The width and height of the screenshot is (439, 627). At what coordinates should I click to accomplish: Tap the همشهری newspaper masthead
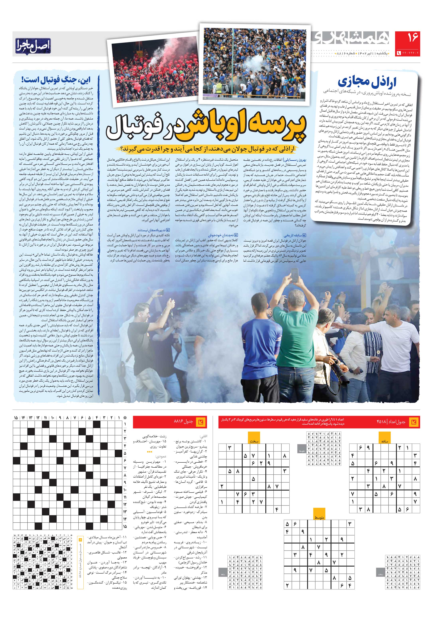click(352, 39)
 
